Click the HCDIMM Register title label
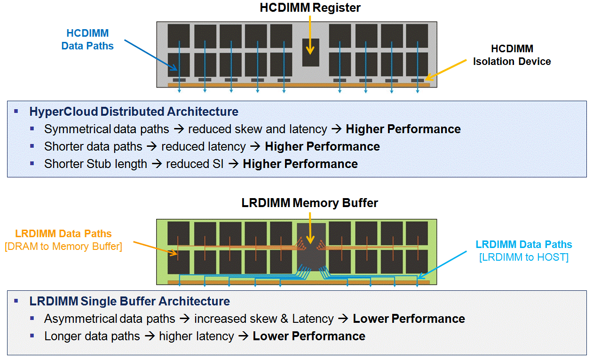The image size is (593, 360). pyautogui.click(x=310, y=8)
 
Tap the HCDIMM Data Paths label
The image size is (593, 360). pyautogui.click(x=87, y=40)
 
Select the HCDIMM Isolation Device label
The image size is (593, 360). pyautogui.click(x=512, y=55)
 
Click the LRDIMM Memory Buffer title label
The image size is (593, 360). pyautogui.click(x=310, y=203)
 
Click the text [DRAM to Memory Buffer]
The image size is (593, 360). pyautogui.click(x=63, y=246)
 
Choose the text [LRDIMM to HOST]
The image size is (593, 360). pyautogui.click(x=524, y=257)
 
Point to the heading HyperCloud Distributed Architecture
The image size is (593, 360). pyautogui.click(x=134, y=112)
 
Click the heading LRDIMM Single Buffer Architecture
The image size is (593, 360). pyautogui.click(x=129, y=301)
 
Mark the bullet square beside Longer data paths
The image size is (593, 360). pyautogui.click(x=32, y=336)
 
